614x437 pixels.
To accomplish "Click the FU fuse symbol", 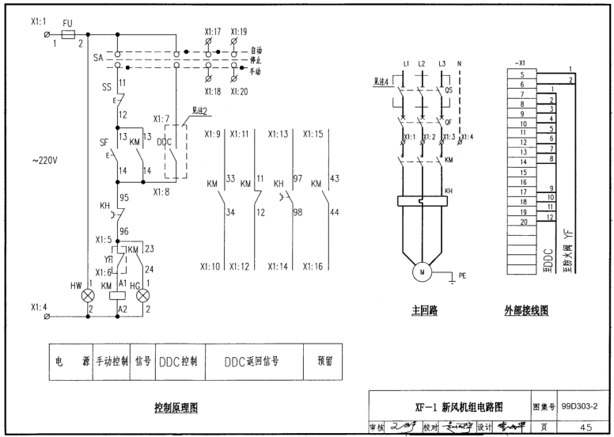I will point(68,35).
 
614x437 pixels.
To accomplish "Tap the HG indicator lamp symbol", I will point(143,295).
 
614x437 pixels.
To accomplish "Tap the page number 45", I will point(585,425).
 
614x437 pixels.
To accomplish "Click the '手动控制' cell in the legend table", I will point(112,362).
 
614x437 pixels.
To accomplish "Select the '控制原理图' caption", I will point(176,407).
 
